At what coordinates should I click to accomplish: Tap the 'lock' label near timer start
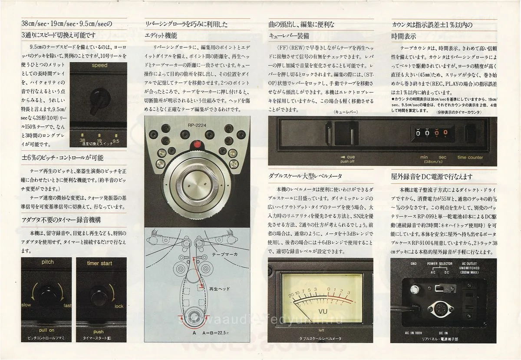click(119, 306)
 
